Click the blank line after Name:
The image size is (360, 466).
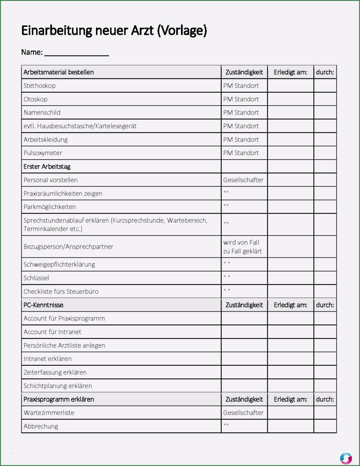point(77,53)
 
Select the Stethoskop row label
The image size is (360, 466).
point(40,86)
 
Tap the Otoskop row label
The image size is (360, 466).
point(35,99)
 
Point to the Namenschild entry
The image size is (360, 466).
point(42,113)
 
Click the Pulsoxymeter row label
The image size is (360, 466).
point(43,153)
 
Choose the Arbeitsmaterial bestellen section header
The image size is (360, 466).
point(59,72)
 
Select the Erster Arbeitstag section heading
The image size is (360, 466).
point(47,167)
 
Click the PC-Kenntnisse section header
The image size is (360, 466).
point(43,305)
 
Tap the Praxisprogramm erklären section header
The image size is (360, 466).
point(59,399)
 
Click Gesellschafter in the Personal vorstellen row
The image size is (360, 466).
point(243,180)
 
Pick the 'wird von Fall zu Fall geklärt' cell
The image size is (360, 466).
point(242,247)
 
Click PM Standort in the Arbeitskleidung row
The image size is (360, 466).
point(241,140)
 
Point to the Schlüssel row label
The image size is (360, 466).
point(36,278)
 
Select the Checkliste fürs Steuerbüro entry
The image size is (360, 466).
point(61,292)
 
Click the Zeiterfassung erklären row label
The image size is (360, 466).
point(55,372)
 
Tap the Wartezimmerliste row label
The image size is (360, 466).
point(49,413)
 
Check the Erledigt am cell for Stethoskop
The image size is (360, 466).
point(290,86)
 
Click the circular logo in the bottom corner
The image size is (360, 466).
point(346,458)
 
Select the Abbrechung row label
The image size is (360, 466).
point(41,426)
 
